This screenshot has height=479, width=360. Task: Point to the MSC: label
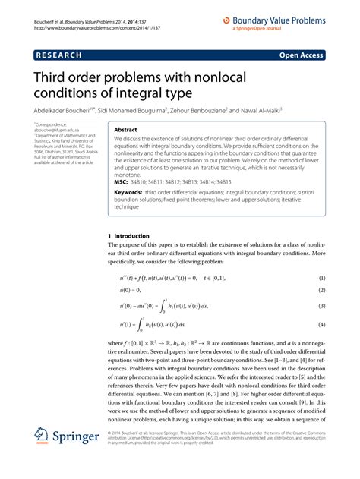click(x=122, y=183)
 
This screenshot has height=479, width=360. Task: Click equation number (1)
click(x=321, y=279)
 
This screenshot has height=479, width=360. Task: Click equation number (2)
click(x=321, y=291)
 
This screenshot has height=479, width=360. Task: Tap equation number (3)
click(x=321, y=307)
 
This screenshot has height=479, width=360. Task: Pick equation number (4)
click(x=321, y=326)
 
